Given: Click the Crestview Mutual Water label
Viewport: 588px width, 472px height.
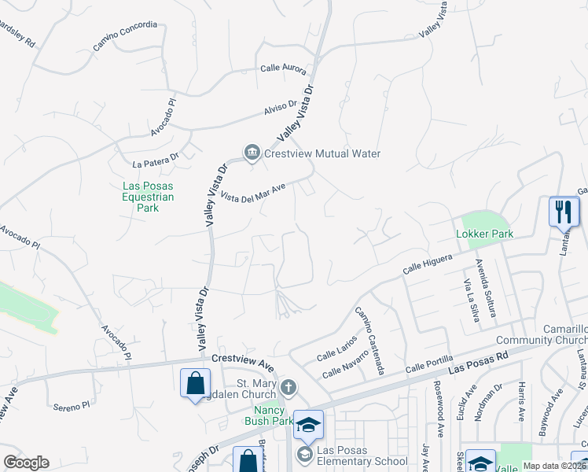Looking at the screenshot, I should [x=323, y=153].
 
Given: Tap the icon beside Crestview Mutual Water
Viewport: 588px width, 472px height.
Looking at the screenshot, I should [x=252, y=153].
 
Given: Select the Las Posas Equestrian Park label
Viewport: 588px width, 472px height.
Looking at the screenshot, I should [x=148, y=197].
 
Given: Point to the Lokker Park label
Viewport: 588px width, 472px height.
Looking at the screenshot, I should [x=489, y=234].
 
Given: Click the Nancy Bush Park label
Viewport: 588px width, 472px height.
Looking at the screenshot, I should [x=273, y=415].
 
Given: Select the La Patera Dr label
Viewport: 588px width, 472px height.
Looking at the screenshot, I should [x=156, y=160].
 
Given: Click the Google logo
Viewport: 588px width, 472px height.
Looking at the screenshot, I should [x=26, y=463].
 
